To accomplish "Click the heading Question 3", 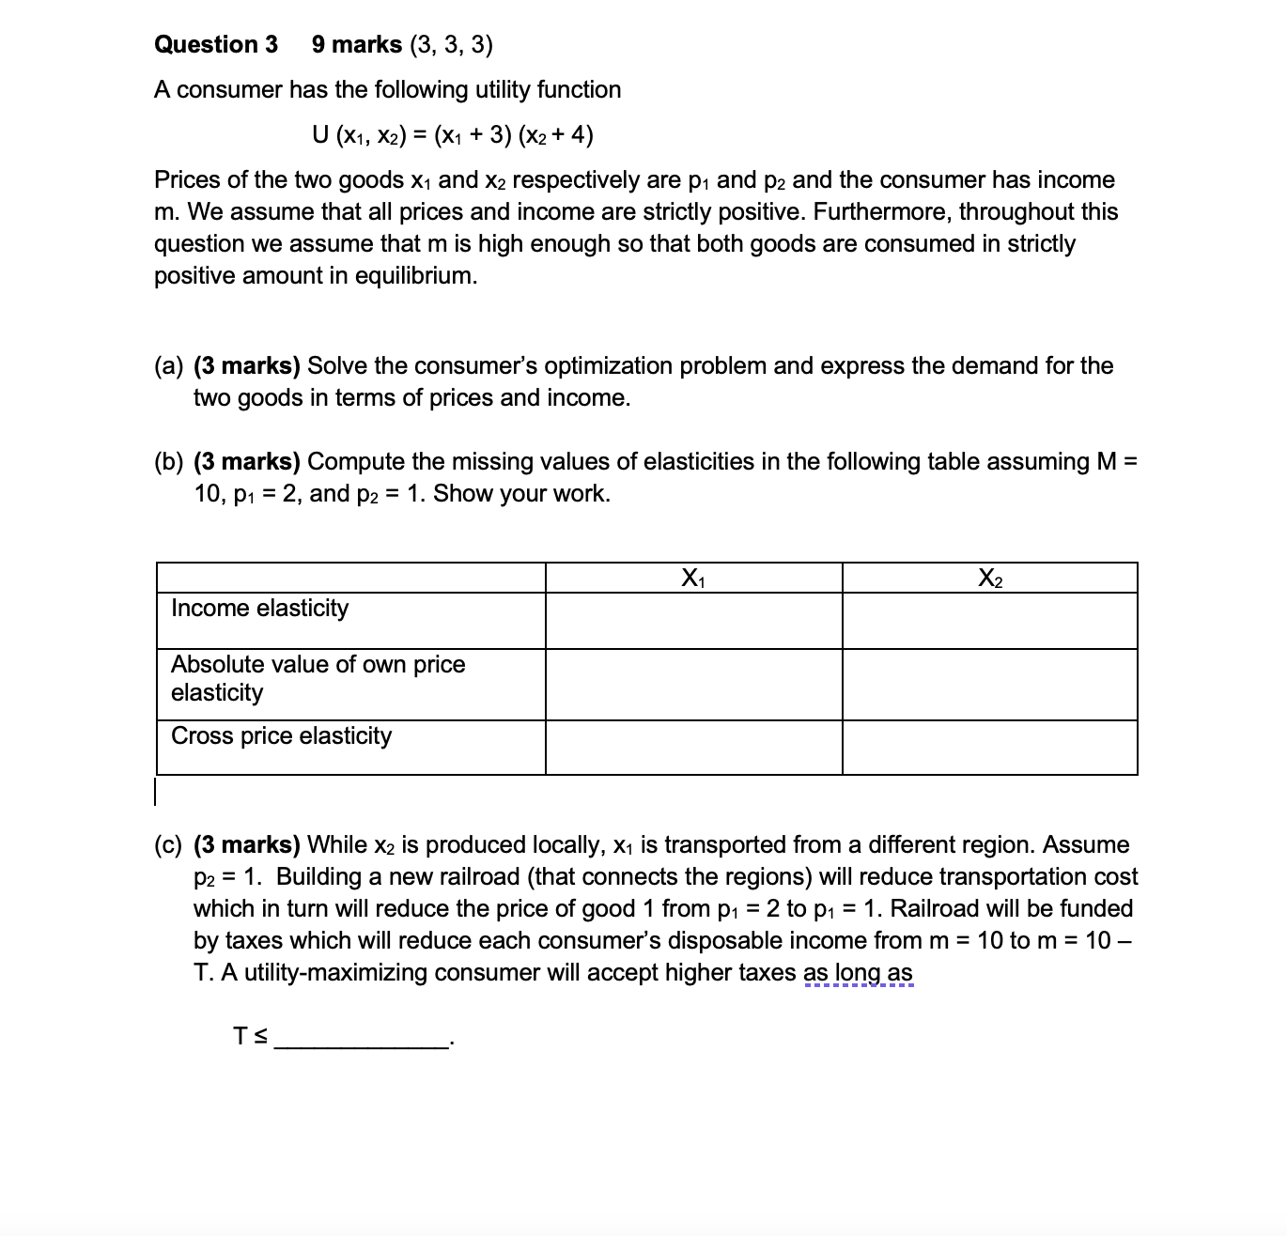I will (216, 44).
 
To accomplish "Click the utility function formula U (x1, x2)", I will (452, 135).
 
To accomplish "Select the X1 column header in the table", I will (693, 578).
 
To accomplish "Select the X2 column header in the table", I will (989, 578).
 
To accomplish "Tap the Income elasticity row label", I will (259, 609).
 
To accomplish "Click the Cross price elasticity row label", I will (281, 735).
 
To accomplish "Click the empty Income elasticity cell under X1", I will (693, 621).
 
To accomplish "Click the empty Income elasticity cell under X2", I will (989, 621).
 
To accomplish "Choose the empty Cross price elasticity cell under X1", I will (693, 748).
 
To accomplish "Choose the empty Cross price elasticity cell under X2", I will (989, 748).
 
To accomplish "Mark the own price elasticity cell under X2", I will (989, 685).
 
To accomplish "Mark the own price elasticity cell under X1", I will (693, 685).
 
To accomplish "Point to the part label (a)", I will (169, 366).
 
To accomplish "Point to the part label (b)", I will (169, 462).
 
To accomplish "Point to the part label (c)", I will (169, 845).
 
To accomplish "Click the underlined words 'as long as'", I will (858, 973).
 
